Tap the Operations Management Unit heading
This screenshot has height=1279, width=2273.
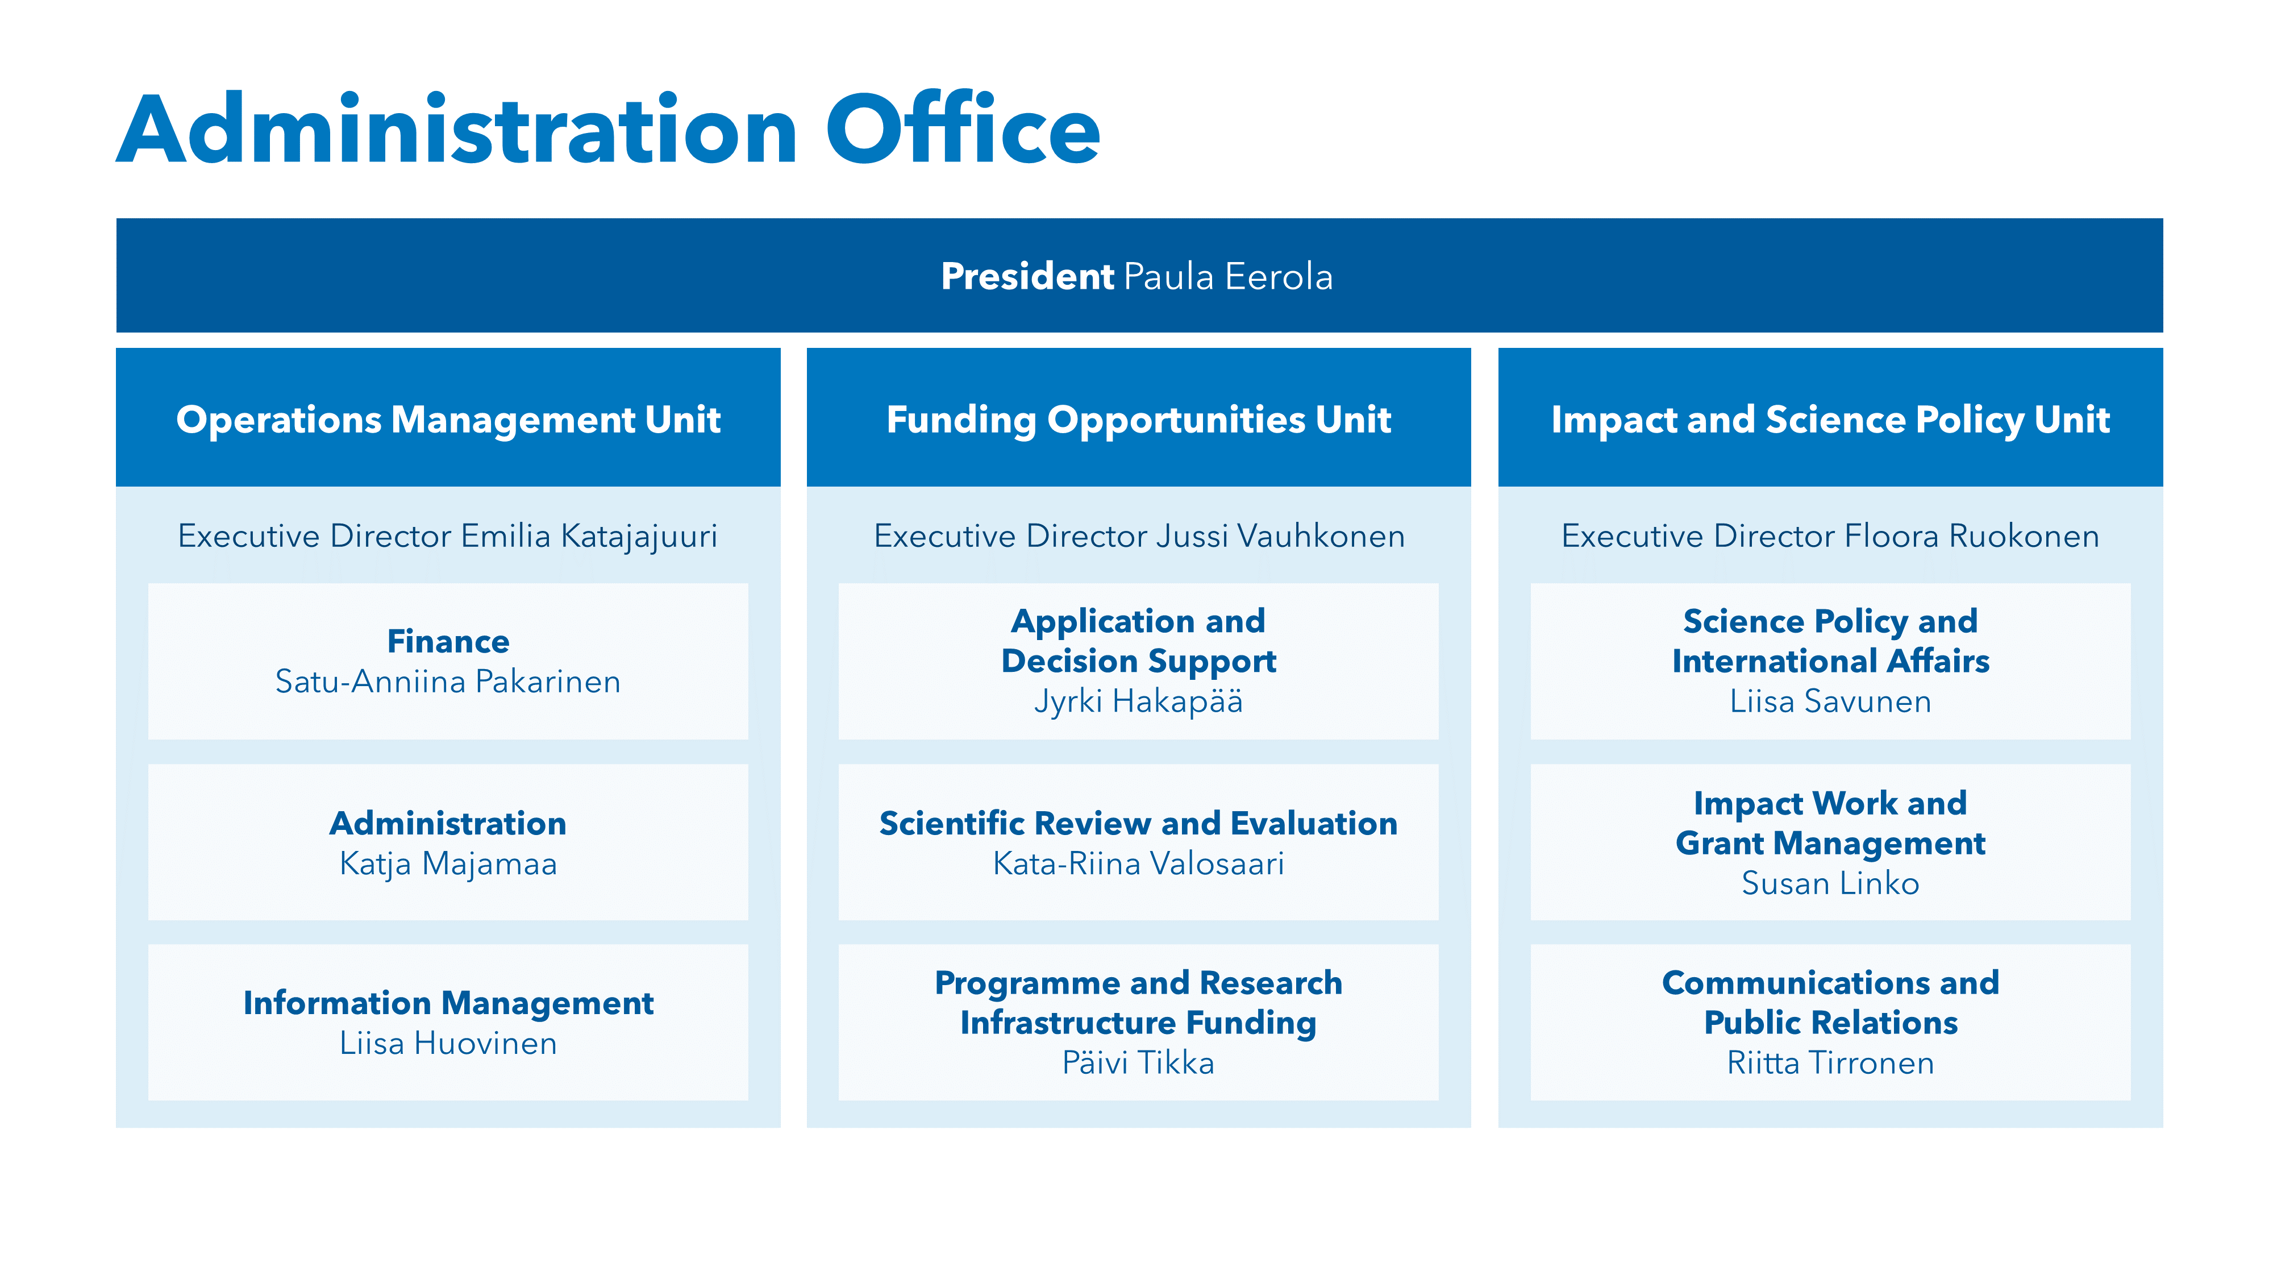448,420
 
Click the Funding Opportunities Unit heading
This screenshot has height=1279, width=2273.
1138,420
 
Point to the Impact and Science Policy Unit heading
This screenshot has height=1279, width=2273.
1830,420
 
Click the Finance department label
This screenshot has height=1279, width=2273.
448,641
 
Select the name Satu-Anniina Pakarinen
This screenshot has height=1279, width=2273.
448,682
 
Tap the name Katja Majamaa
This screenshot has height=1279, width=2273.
448,863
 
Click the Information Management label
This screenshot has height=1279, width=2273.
448,1003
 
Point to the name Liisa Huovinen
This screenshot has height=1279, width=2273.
448,1043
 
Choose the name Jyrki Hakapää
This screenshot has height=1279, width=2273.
1138,701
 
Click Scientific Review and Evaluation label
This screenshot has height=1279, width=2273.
1138,823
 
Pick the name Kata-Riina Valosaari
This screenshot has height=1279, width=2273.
1138,863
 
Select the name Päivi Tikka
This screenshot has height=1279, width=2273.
1138,1063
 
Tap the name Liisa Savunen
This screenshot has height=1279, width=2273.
1830,701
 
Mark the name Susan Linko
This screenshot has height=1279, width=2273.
1830,883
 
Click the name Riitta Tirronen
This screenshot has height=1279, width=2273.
1830,1063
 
